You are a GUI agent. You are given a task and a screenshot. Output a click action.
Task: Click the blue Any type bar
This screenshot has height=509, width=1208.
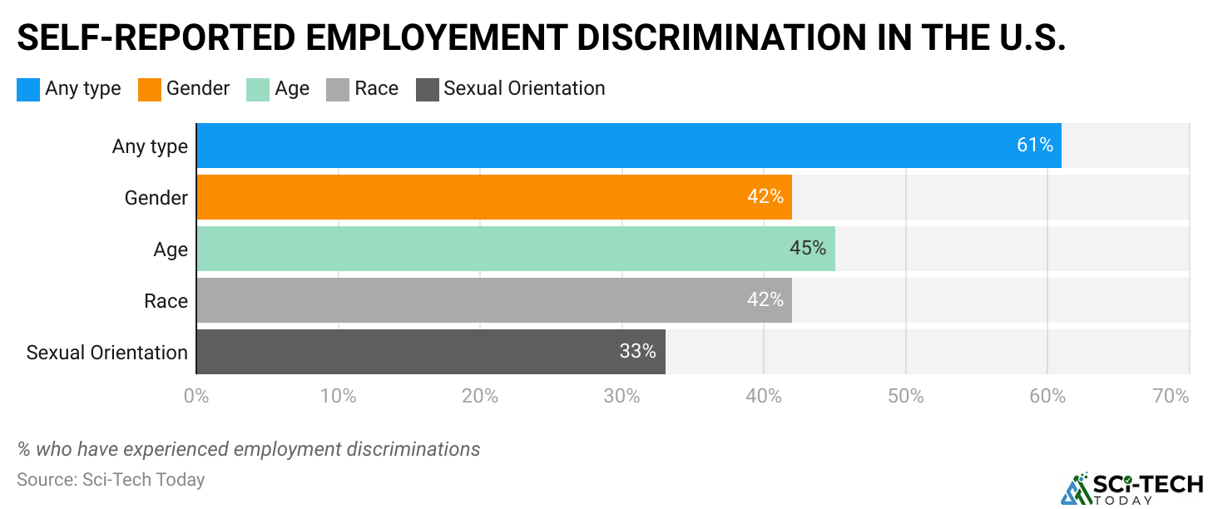coord(582,146)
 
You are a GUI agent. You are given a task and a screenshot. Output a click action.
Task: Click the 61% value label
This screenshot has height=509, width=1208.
coord(1035,146)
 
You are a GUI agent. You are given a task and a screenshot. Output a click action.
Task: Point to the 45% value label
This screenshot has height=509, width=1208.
coord(807,249)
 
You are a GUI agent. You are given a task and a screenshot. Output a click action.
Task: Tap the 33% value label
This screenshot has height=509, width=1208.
coord(637,352)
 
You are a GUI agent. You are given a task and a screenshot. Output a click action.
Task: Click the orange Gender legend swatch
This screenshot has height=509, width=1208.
coord(150,89)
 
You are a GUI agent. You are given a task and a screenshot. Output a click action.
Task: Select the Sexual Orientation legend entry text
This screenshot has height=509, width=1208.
coord(524,89)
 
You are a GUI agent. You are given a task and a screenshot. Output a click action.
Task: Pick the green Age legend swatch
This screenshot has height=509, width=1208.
coord(258,89)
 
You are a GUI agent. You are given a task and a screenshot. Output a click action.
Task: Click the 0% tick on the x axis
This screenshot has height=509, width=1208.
coord(196,397)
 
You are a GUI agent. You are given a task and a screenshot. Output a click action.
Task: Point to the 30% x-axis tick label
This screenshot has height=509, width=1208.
coord(622,397)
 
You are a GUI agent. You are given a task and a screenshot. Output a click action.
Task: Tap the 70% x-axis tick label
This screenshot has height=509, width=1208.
coord(1171,397)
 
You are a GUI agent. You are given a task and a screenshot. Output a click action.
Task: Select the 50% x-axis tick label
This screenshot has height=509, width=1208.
coord(906,397)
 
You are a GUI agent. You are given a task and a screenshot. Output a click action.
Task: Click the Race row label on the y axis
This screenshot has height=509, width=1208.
coord(166,300)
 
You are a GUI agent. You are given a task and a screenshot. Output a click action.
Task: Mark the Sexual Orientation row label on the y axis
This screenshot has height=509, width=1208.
coord(107,352)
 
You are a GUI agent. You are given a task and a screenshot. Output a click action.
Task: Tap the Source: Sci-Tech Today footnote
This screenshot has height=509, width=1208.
coord(111,480)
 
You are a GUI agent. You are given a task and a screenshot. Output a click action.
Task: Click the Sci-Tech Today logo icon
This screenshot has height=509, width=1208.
coord(1076,488)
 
